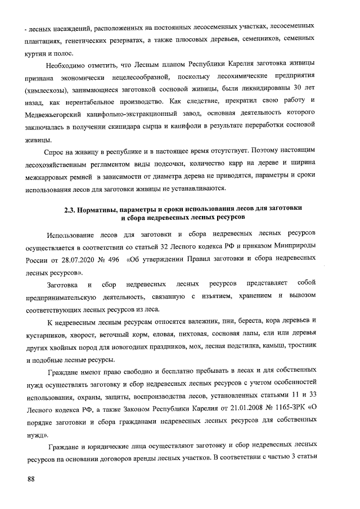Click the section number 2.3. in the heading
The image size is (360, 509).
coord(70,209)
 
